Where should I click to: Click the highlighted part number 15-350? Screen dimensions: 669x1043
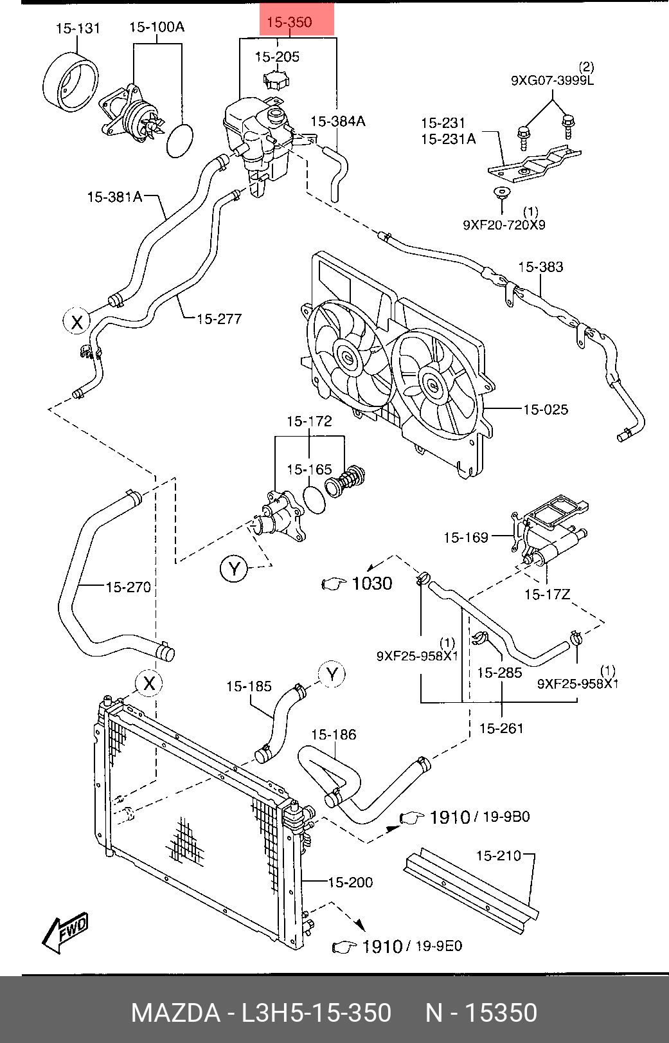pos(289,22)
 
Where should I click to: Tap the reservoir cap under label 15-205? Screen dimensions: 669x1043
pos(277,79)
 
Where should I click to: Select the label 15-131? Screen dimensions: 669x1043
pos(78,28)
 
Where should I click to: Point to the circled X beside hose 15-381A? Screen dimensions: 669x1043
pos(76,322)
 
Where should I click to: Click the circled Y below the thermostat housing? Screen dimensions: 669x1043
pos(233,568)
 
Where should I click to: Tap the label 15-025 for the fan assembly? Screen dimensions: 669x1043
pos(545,410)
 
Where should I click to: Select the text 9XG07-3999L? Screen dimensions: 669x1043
pos(552,80)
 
